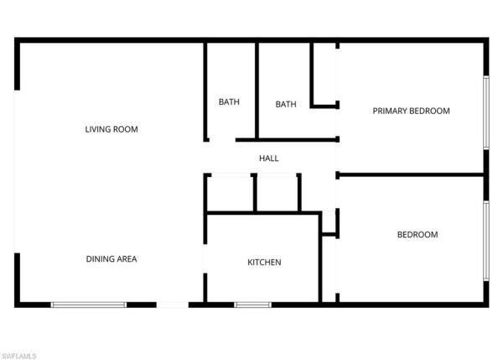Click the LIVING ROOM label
111,129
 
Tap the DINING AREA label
111,259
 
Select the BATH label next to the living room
229,102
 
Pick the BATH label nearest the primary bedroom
286,105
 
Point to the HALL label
269,158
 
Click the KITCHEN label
264,263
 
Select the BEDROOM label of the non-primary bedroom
417,235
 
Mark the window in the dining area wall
89,304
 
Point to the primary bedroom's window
486,113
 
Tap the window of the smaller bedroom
486,240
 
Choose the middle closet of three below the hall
277,194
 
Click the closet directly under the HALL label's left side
229,194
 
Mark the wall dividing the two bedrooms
411,175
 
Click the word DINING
100,259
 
